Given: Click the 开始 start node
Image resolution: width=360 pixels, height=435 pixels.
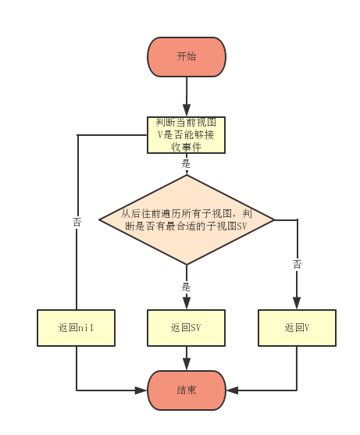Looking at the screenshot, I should coord(187,57).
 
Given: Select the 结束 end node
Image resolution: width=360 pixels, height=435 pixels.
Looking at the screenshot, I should coord(187,390).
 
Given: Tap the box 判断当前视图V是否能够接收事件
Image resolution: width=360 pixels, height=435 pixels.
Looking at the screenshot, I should coord(187,134).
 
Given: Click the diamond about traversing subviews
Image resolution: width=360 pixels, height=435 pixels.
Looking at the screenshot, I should coord(187,219).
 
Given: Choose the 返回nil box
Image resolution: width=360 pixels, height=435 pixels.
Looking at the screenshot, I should coord(76,328).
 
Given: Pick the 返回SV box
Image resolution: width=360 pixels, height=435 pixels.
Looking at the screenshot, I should coord(187,328).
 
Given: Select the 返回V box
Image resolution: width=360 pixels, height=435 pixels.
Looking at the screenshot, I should coord(297,328).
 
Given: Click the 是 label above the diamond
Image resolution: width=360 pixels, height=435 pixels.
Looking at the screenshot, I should coord(186,164).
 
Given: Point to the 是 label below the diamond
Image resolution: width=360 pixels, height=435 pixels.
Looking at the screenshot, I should coord(186,287).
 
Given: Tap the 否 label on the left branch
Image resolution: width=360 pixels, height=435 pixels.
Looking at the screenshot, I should coord(77,222).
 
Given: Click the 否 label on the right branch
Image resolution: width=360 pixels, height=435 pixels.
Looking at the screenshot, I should coord(297,265).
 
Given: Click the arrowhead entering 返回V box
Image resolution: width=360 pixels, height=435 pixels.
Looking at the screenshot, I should coord(297,305).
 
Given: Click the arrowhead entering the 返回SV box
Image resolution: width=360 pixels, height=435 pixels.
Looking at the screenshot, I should coord(187,305).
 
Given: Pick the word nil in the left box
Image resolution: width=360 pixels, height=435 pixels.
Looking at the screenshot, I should coord(86,328).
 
